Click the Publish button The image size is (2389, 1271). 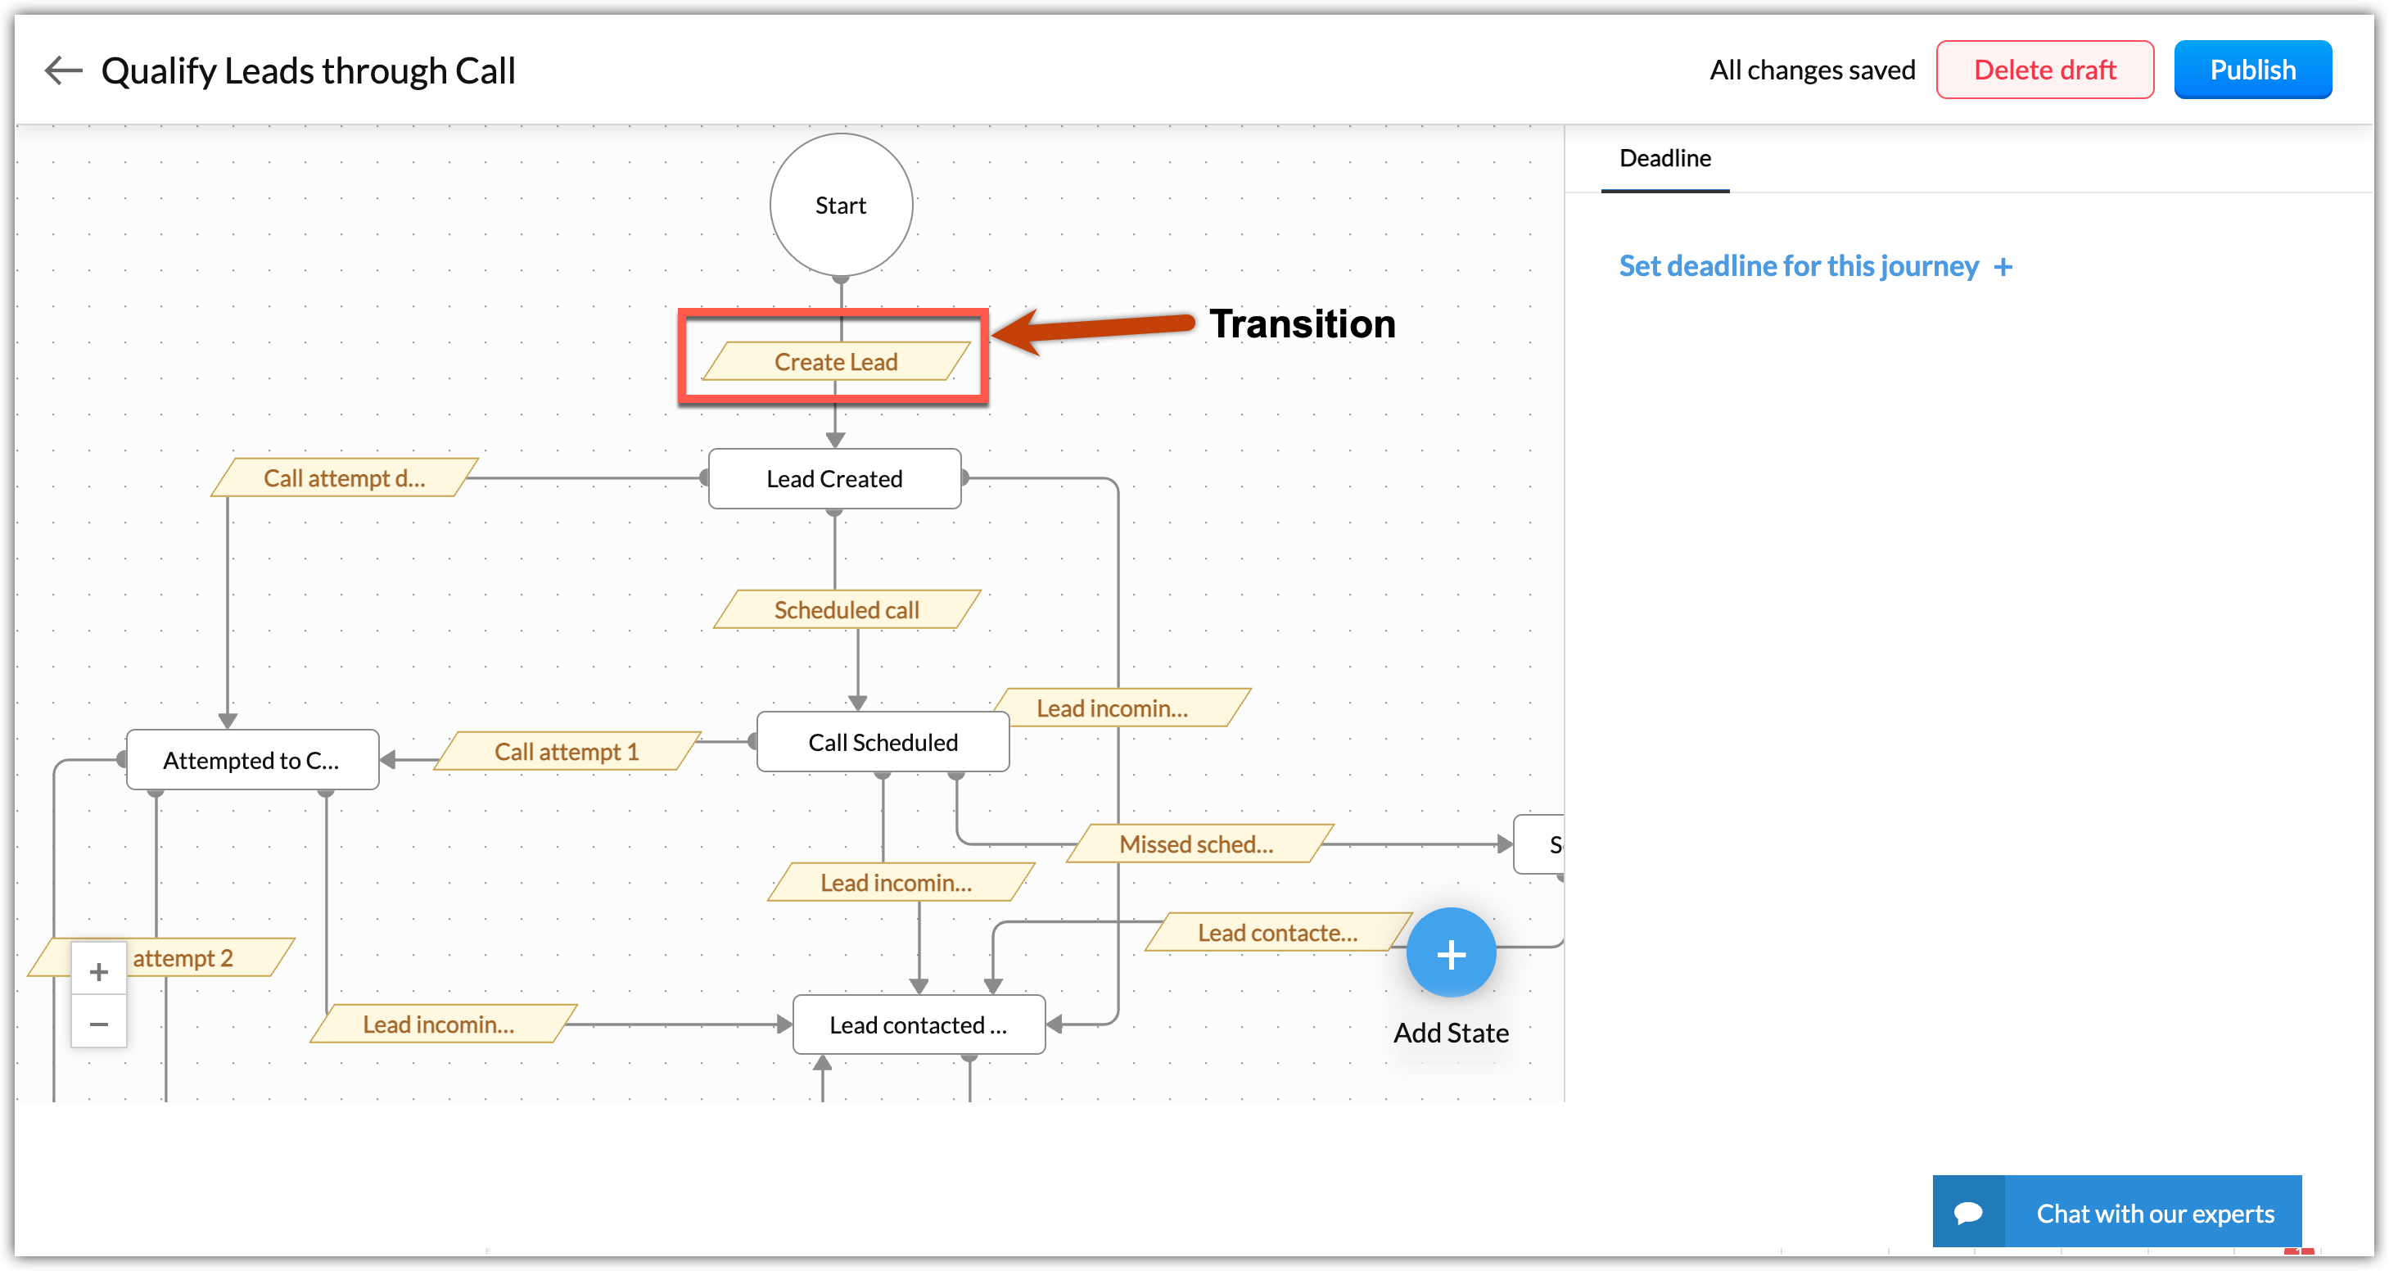pyautogui.click(x=2251, y=70)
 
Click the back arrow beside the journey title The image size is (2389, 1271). pyautogui.click(x=63, y=70)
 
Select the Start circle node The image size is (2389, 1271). pyautogui.click(x=840, y=205)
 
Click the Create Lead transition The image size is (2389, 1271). pyautogui.click(x=836, y=362)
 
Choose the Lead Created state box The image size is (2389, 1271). pyautogui.click(x=833, y=479)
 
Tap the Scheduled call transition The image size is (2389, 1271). pyautogui.click(x=846, y=609)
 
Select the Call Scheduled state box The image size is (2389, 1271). pyautogui.click(x=882, y=742)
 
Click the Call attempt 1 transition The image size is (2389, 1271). pyautogui.click(x=566, y=752)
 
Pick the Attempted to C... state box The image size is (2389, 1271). pyautogui.click(x=251, y=761)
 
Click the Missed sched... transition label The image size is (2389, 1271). pyautogui.click(x=1196, y=844)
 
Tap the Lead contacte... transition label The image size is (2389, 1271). pyautogui.click(x=1277, y=933)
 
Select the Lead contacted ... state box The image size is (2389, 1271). pyautogui.click(x=917, y=1025)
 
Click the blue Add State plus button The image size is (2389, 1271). pyautogui.click(x=1451, y=952)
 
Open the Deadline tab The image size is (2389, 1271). pyautogui.click(x=1664, y=159)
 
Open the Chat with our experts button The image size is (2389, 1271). pyautogui.click(x=2117, y=1213)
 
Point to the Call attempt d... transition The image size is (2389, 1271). pyautogui.click(x=344, y=477)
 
